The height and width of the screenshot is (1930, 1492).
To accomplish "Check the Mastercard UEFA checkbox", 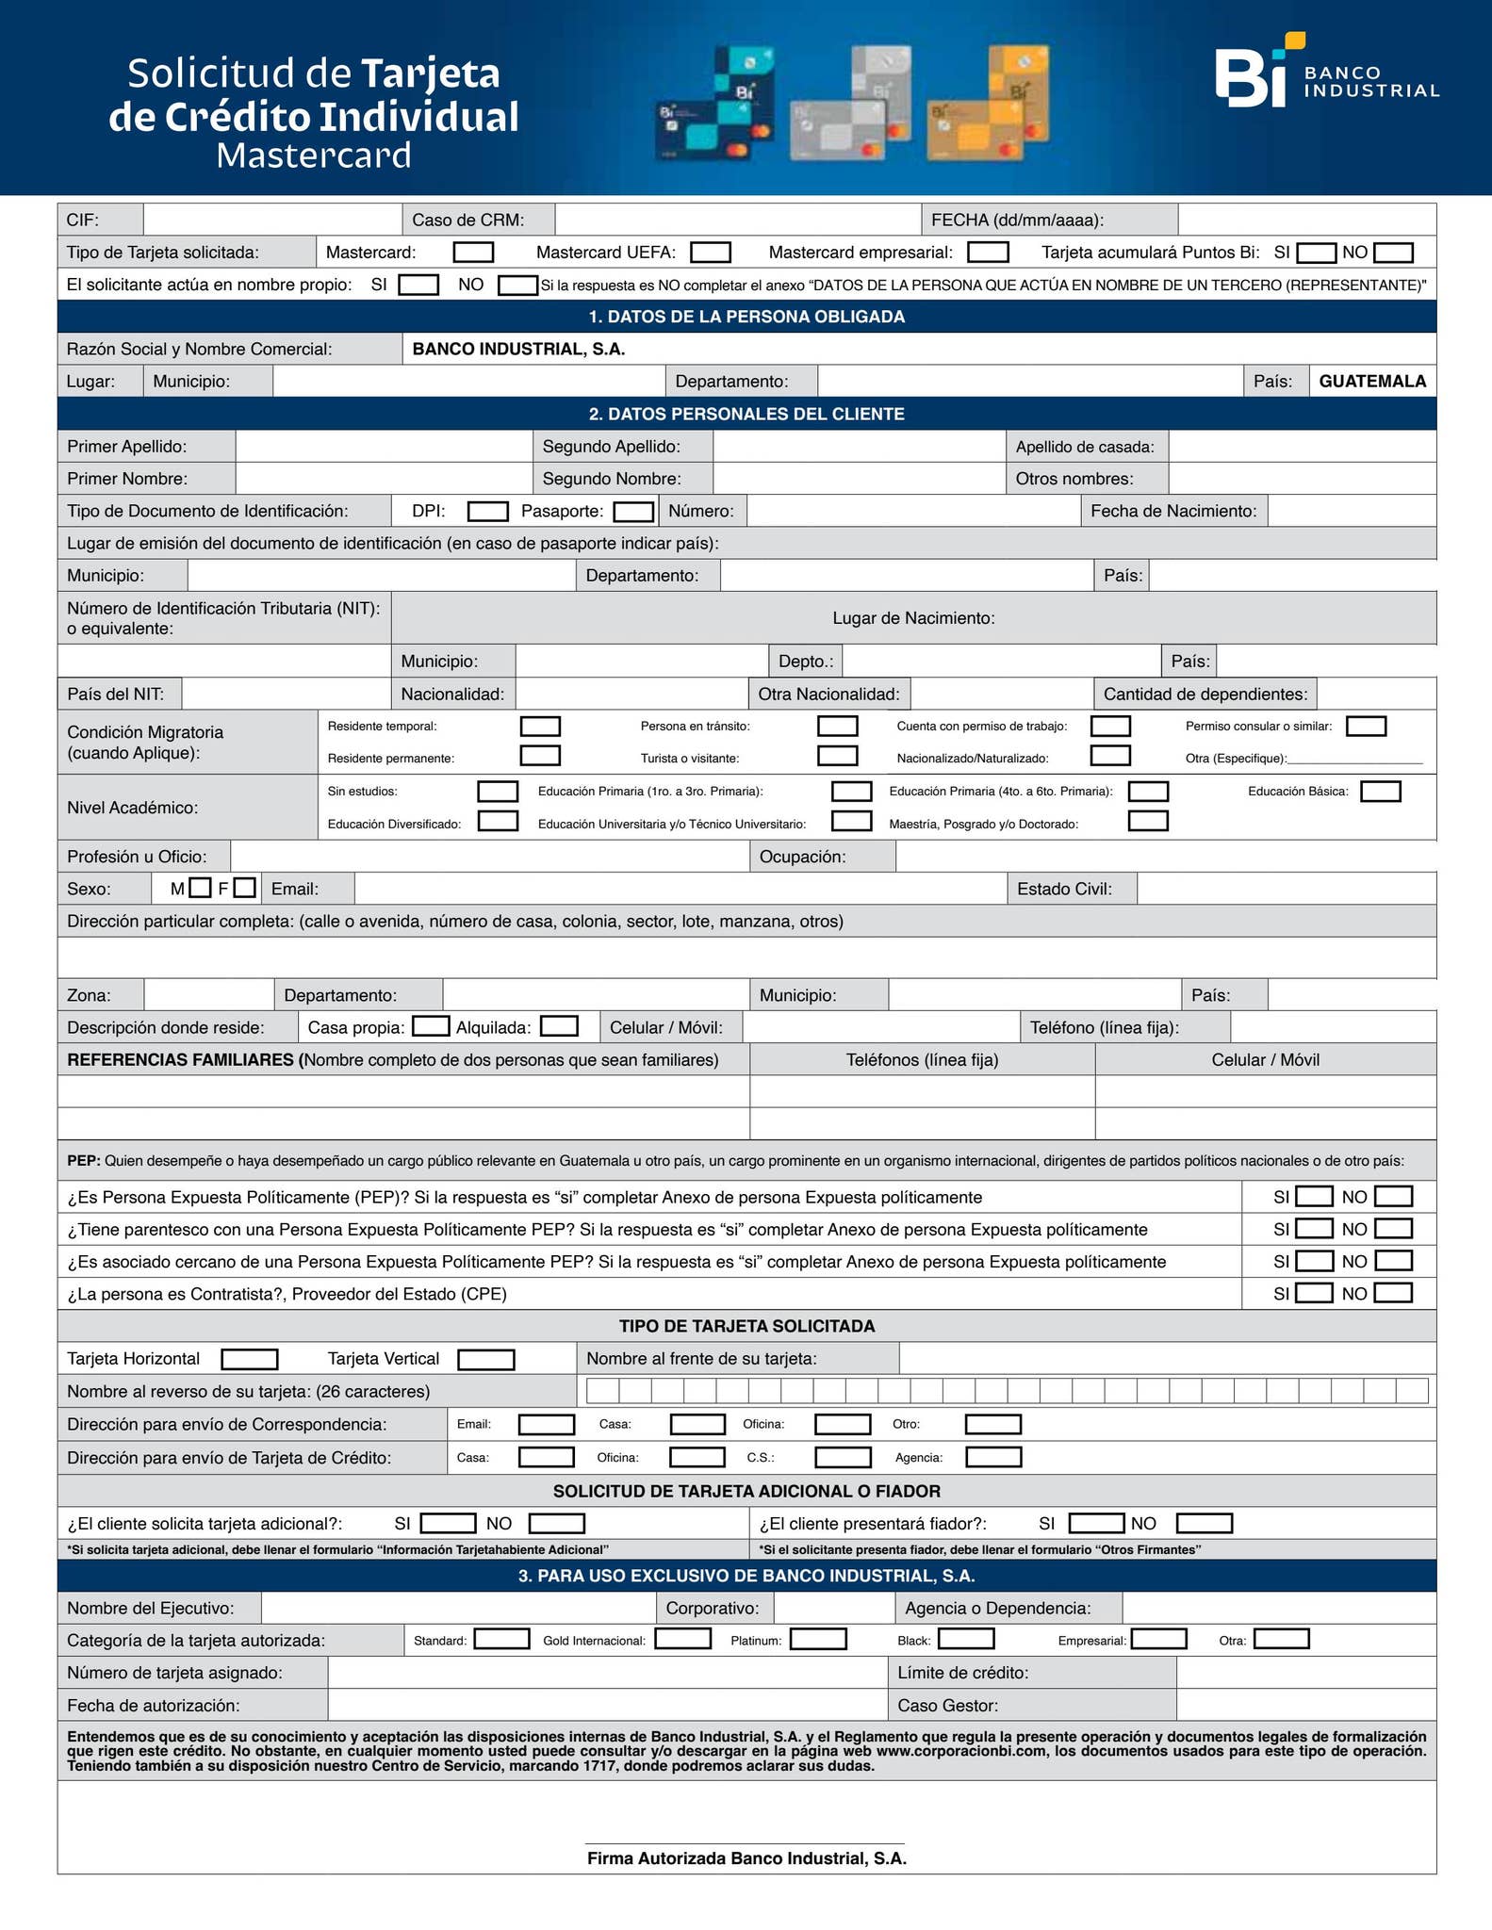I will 711,253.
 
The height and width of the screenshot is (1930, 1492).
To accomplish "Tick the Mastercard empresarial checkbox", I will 988,253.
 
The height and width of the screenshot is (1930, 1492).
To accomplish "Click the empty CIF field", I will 272,221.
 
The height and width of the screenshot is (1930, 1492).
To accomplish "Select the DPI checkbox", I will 488,512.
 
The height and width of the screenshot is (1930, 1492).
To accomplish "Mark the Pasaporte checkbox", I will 633,512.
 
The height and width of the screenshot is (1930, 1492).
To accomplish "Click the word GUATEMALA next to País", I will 1371,382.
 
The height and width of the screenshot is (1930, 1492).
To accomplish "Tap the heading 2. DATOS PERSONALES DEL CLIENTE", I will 746,415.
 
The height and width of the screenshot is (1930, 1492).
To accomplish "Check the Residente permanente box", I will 540,757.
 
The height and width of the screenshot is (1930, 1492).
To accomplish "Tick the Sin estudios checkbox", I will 498,792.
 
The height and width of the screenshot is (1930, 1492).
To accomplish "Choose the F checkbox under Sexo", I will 245,888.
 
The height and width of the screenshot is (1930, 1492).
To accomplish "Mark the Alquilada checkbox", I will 559,1026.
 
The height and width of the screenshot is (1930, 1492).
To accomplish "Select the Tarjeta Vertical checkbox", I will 486,1360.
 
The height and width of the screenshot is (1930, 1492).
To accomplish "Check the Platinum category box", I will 818,1640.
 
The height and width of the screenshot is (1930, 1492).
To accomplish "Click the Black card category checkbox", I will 966,1640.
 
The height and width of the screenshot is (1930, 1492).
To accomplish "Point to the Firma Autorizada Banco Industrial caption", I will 746,1858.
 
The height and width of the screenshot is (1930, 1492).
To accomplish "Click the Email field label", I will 295,889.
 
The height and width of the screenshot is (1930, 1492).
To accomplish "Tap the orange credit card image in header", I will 988,104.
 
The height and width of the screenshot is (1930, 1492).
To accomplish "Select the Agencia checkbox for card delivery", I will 993,1458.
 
